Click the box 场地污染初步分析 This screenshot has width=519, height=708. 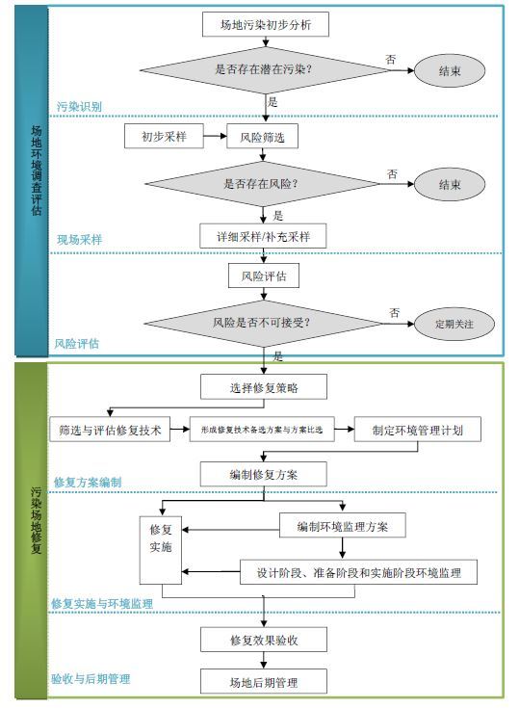coord(266,24)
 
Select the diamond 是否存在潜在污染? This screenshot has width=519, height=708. coord(265,70)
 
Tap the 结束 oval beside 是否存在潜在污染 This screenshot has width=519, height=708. coord(450,70)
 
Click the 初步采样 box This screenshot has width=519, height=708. coord(164,137)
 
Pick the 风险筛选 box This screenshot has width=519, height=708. coord(262,137)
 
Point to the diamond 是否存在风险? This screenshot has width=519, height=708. coord(263,184)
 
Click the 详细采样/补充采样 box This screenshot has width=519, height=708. coord(263,236)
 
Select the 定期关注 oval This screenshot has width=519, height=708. coord(454,324)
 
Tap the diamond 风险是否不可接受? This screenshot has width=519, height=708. coord(264,324)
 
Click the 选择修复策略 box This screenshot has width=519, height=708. coord(264,387)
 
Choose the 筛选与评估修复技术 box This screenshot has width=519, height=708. coord(110,430)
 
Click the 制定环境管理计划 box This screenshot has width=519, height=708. coord(418,430)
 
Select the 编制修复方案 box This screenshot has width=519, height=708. coord(264,474)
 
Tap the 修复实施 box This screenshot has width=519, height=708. coord(161,550)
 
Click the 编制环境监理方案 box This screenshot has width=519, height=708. coord(343,525)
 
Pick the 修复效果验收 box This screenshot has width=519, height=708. coord(264,640)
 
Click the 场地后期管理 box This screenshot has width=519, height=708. coord(264,681)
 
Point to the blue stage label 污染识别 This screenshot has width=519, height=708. coord(79,107)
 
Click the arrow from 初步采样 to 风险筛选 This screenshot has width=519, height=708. coord(215,136)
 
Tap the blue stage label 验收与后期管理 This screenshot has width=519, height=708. coord(91,679)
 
